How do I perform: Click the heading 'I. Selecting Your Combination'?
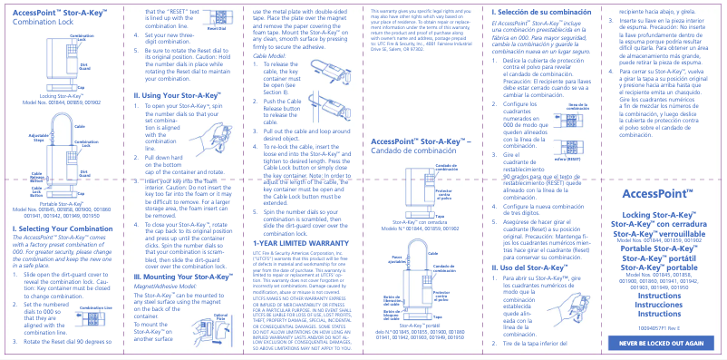58,229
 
